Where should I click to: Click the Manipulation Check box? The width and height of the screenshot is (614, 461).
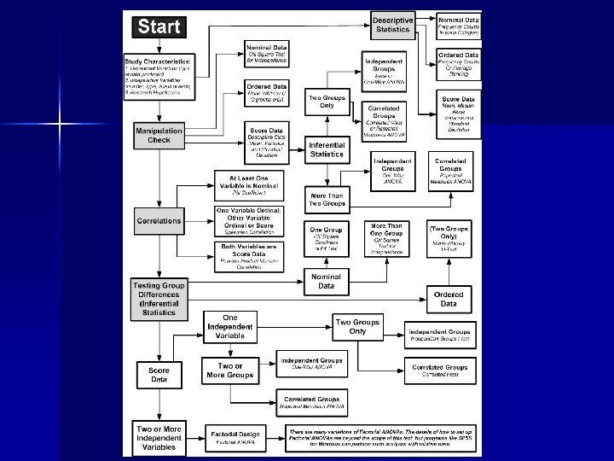159,135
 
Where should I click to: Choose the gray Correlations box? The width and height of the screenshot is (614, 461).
159,220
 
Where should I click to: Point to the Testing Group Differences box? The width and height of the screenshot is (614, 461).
159,298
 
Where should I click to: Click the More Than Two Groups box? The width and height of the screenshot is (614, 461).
327,200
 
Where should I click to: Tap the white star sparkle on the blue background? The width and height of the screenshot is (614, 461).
61,125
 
